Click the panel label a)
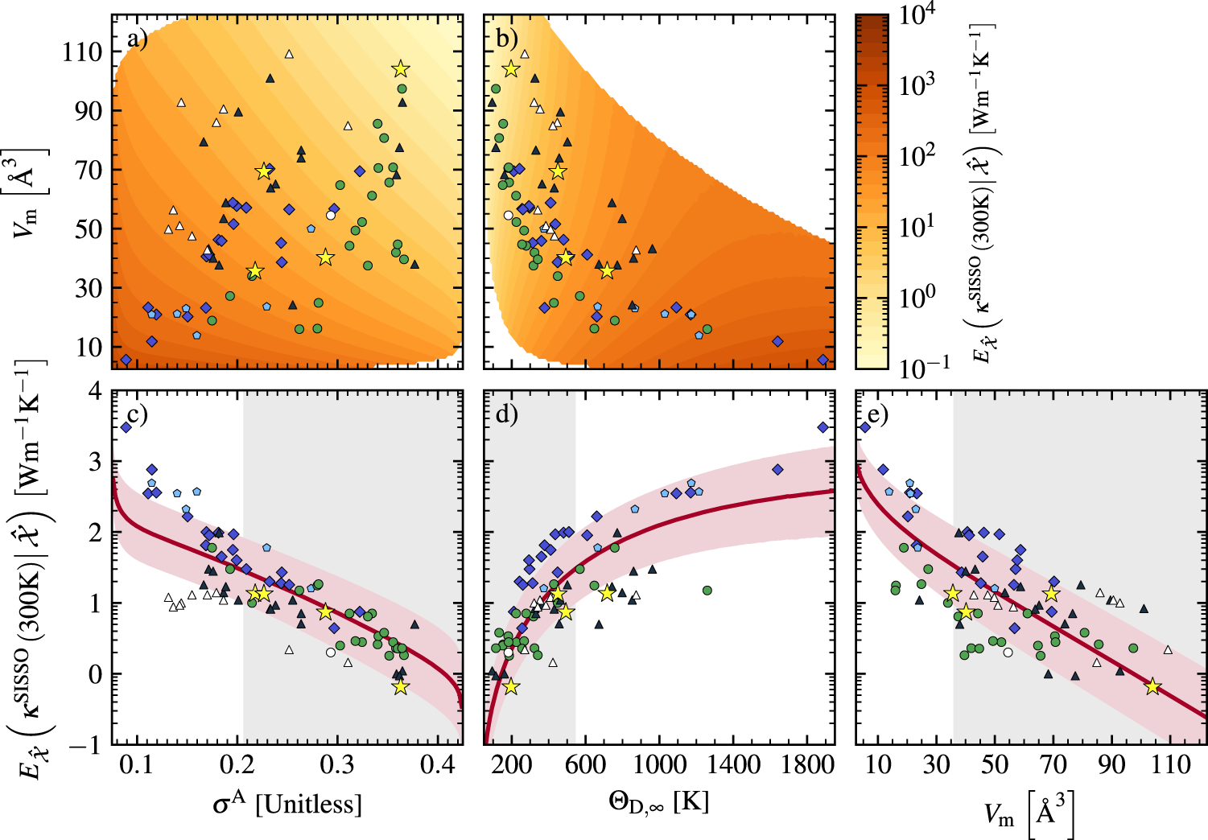[137, 38]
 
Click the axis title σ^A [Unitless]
[287, 803]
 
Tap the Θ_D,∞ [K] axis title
[658, 803]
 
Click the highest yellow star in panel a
[401, 69]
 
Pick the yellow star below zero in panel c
[401, 686]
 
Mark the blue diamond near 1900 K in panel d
[823, 427]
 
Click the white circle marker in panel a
[331, 215]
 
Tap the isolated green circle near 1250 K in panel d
[707, 591]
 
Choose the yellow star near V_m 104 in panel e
[1152, 686]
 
